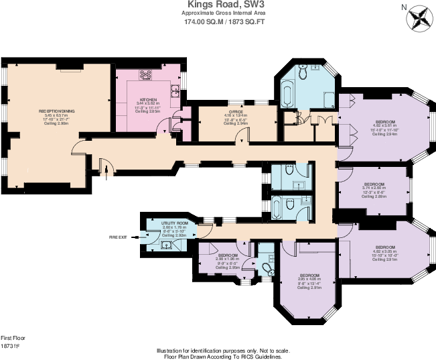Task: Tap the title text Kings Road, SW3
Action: [218, 5]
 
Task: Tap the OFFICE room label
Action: [235, 112]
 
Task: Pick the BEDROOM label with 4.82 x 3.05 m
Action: [384, 246]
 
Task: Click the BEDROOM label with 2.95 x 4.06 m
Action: [309, 276]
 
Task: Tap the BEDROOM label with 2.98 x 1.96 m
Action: [227, 255]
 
